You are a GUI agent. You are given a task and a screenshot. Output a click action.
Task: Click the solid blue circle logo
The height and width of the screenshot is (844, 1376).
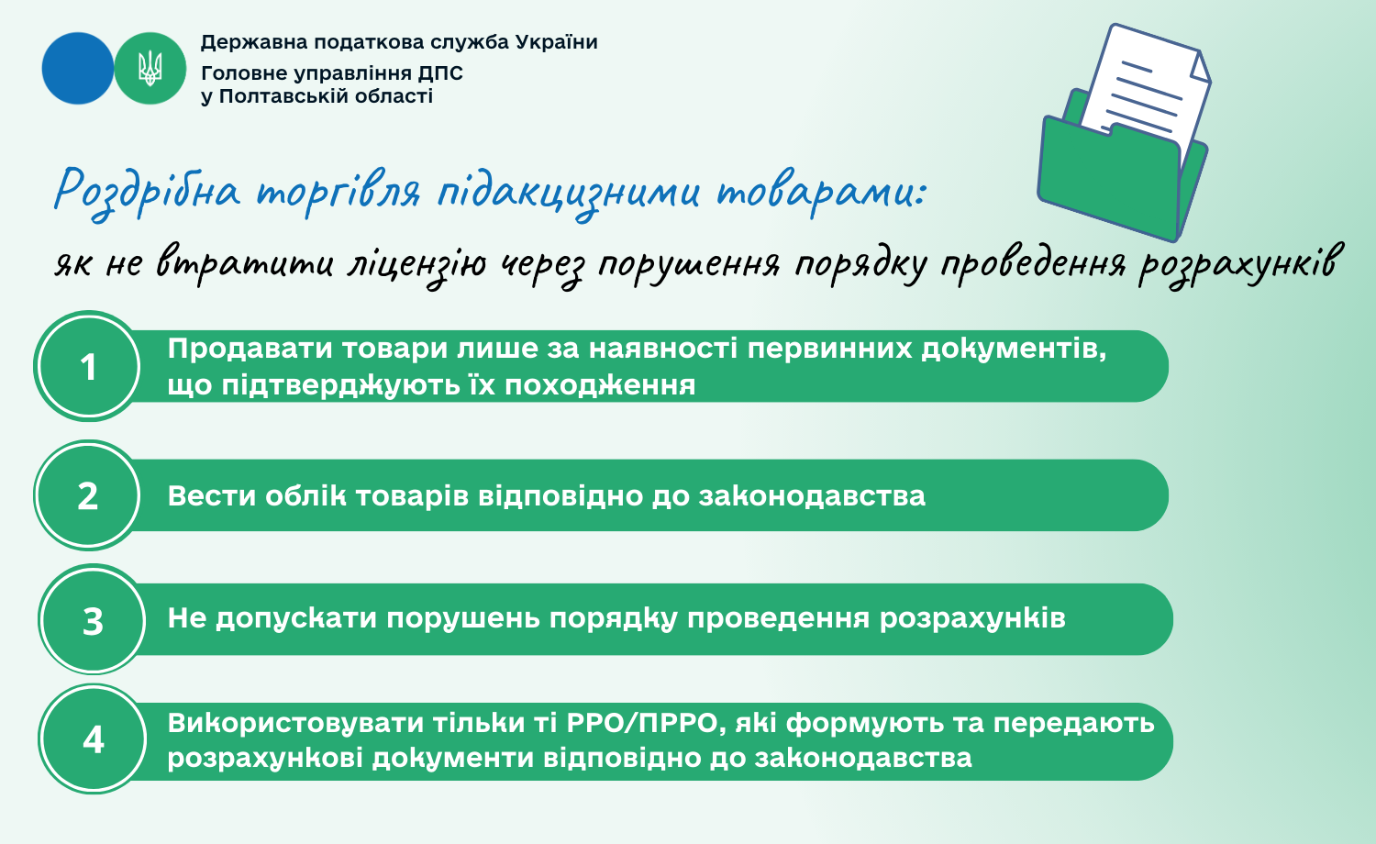tap(77, 68)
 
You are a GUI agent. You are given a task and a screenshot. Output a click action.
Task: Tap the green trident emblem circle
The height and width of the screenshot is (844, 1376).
tap(150, 68)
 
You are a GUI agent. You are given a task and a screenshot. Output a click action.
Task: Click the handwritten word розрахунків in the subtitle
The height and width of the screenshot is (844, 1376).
tap(1237, 265)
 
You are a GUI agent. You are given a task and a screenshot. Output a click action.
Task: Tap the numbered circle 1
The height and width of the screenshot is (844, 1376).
tap(88, 366)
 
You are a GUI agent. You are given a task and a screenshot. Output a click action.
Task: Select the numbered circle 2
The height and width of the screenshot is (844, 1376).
tap(88, 495)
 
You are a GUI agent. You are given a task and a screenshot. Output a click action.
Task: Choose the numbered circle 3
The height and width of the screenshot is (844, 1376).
tap(93, 619)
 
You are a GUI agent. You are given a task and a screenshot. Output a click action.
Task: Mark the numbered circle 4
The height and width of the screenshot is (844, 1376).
tap(93, 739)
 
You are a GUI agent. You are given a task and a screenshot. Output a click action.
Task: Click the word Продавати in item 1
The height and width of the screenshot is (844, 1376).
tap(250, 350)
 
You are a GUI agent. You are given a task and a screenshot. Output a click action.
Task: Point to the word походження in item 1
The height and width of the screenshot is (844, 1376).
tap(600, 385)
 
